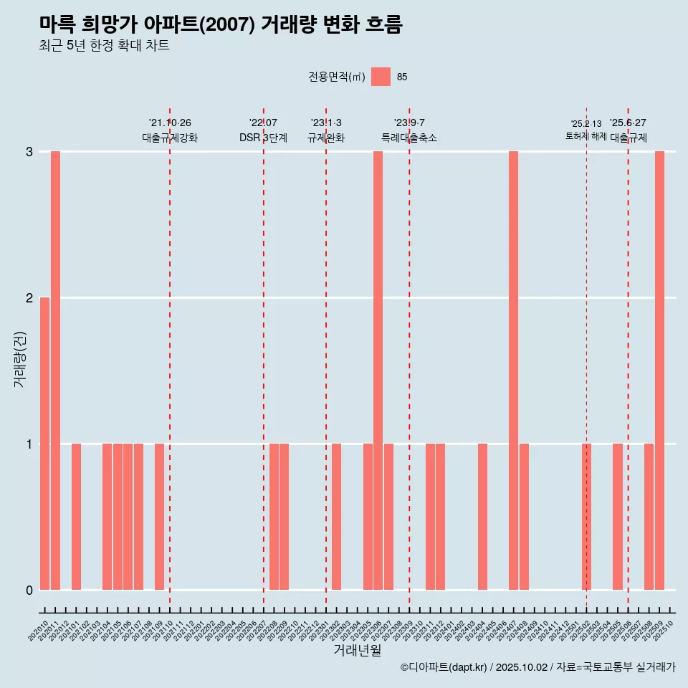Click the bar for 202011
[55, 371]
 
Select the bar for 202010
[44, 444]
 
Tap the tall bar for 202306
[378, 371]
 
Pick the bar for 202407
[513, 371]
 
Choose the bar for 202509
[659, 371]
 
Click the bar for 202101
[76, 517]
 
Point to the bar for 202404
[482, 517]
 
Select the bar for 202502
[586, 517]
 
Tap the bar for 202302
[336, 517]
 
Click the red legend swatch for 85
[381, 77]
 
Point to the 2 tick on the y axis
[29, 297]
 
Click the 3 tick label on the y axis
[29, 151]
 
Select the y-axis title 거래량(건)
[20, 358]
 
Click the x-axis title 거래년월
[357, 650]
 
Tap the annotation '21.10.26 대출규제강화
[170, 130]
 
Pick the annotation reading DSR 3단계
[263, 138]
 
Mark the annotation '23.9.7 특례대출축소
[409, 130]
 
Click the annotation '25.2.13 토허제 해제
[586, 130]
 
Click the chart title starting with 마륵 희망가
[221, 25]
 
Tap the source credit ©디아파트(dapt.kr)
[537, 667]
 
